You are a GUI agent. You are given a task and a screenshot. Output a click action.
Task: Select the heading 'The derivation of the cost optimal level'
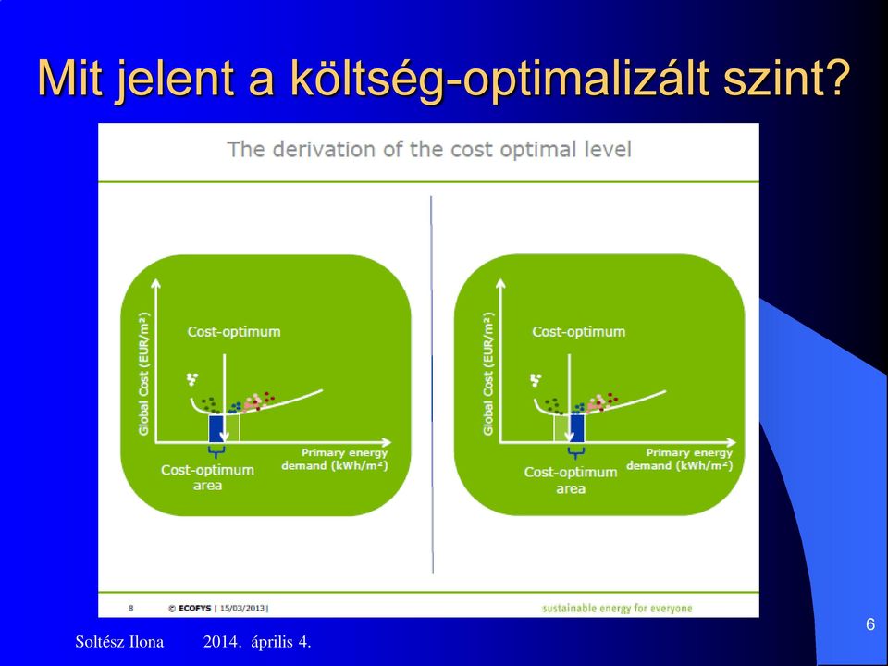pyautogui.click(x=428, y=150)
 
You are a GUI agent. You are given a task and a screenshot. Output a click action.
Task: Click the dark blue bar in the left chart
pyautogui.click(x=216, y=428)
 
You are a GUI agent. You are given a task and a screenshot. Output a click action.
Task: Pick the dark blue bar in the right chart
pyautogui.click(x=576, y=428)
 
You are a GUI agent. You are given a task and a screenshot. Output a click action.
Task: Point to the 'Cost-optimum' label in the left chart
pyautogui.click(x=234, y=332)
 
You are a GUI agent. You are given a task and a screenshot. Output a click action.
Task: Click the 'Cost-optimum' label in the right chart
pyautogui.click(x=578, y=332)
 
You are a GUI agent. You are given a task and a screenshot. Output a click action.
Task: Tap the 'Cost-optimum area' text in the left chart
pyautogui.click(x=208, y=477)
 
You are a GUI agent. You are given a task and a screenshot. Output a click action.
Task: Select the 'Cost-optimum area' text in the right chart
pyautogui.click(x=571, y=480)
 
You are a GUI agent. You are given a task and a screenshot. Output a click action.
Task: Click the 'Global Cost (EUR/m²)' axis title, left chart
pyautogui.click(x=144, y=374)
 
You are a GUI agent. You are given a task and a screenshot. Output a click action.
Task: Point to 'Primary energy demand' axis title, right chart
pyautogui.click(x=680, y=460)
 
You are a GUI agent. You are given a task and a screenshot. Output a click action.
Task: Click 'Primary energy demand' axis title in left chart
pyautogui.click(x=335, y=460)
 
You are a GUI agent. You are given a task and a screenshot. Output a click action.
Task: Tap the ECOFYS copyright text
pyautogui.click(x=190, y=609)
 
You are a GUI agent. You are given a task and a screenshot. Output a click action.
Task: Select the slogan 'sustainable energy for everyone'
pyautogui.click(x=617, y=609)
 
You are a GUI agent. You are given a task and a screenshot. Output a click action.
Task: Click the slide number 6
pyautogui.click(x=870, y=624)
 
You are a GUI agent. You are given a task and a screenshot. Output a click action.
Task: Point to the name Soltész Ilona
pyautogui.click(x=119, y=642)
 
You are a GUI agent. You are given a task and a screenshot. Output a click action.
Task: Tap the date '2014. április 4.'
pyautogui.click(x=257, y=642)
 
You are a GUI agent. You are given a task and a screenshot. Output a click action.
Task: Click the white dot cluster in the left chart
pyautogui.click(x=192, y=379)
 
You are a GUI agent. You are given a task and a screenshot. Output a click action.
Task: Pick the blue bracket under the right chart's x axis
pyautogui.click(x=576, y=453)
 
